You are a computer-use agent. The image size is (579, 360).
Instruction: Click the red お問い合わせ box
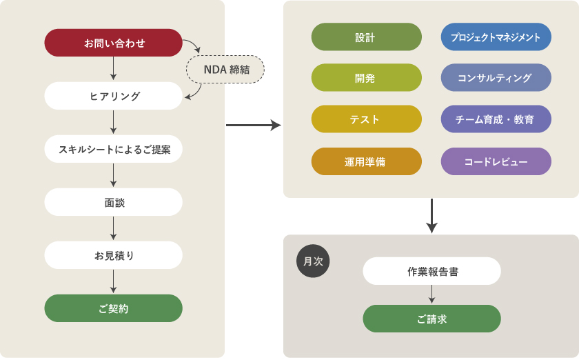pos(114,43)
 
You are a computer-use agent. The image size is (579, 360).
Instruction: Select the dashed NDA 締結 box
pos(225,70)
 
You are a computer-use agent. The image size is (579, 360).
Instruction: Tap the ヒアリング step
pos(114,96)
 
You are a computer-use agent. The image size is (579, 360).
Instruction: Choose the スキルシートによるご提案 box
pos(114,149)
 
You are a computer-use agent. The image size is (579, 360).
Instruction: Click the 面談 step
pos(114,202)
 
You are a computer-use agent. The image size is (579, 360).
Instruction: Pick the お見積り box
pos(114,255)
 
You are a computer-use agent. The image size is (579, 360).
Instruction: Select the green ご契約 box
pos(114,308)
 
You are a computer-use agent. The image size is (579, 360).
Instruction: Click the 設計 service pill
pos(366,37)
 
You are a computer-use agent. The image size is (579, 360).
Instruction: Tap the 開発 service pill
pos(366,78)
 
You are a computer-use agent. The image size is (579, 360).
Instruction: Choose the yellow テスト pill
pos(366,119)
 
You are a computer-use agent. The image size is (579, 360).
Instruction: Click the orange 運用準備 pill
pos(366,161)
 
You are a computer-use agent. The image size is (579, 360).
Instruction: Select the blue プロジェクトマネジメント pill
pos(496,37)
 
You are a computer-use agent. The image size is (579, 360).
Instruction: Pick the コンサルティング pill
pos(496,78)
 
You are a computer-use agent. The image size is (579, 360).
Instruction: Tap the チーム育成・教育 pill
pos(496,119)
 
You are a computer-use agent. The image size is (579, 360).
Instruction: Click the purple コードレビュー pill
pos(496,161)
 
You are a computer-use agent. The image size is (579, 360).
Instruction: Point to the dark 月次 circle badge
pos(314,261)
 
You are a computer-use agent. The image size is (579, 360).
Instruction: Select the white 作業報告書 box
pos(432,271)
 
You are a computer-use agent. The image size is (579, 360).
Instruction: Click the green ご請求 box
pos(432,319)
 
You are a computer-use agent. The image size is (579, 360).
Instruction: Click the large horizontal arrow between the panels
pos(253,125)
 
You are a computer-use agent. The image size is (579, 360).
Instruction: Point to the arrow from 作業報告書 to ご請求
pos(432,294)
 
